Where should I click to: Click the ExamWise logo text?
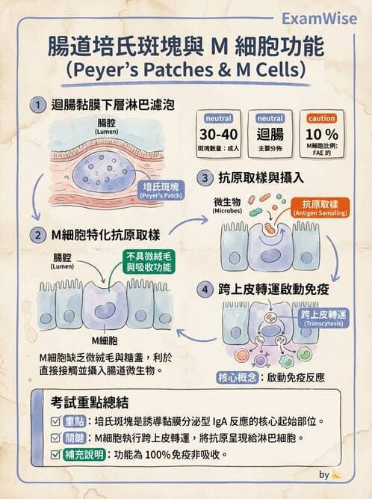tap(319, 19)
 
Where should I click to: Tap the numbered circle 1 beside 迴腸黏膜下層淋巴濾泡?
tap(38, 105)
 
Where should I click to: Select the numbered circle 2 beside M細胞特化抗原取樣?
tap(38, 236)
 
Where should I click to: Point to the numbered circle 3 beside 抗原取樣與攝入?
tap(205, 177)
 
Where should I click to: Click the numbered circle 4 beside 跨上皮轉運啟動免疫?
tap(205, 290)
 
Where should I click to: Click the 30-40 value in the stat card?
tap(219, 135)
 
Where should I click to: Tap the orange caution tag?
tap(322, 119)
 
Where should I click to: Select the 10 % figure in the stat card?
tap(322, 135)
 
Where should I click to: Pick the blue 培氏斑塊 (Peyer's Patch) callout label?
tap(161, 190)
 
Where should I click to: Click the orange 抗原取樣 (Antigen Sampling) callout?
tap(320, 208)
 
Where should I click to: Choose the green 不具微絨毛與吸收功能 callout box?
tap(149, 262)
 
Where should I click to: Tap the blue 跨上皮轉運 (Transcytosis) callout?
tap(323, 318)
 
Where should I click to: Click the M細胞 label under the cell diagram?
tap(105, 341)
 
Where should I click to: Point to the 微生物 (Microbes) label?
tap(227, 205)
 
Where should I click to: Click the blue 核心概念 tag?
tap(237, 378)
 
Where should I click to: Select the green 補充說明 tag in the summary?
tap(84, 454)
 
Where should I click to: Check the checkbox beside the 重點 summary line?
tap(55, 421)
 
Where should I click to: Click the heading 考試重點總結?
tap(90, 402)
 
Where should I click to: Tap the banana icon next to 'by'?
tap(336, 476)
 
